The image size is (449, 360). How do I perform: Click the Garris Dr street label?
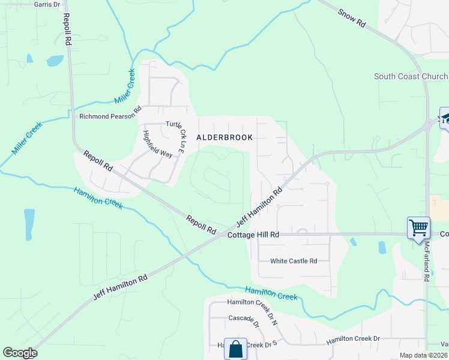pyautogui.click(x=47, y=4)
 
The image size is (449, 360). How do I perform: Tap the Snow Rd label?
pyautogui.click(x=352, y=17)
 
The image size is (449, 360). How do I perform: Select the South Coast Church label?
pyautogui.click(x=411, y=76)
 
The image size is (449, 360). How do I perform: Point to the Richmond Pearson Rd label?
pyautogui.click(x=110, y=116)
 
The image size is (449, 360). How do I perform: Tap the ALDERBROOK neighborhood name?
pyautogui.click(x=224, y=137)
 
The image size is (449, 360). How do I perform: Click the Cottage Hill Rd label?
pyautogui.click(x=253, y=235)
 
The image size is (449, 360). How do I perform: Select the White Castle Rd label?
pyautogui.click(x=293, y=261)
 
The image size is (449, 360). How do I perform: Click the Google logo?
pyautogui.click(x=20, y=353)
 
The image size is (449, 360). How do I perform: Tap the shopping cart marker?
pyautogui.click(x=418, y=228)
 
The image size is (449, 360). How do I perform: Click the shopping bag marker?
pyautogui.click(x=235, y=348)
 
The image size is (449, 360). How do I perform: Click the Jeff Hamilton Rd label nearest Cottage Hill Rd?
pyautogui.click(x=262, y=206)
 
